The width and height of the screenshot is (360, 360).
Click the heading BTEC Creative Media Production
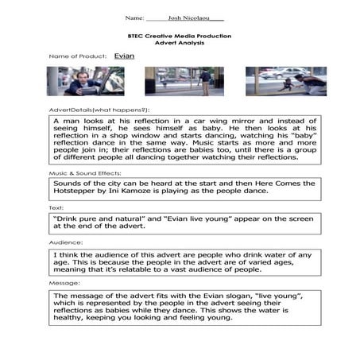(x=180, y=37)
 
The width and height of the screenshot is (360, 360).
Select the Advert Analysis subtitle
(x=180, y=44)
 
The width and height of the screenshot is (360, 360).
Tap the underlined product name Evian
(x=124, y=56)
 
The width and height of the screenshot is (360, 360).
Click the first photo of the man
(x=74, y=81)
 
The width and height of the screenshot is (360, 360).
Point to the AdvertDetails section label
(x=99, y=109)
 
